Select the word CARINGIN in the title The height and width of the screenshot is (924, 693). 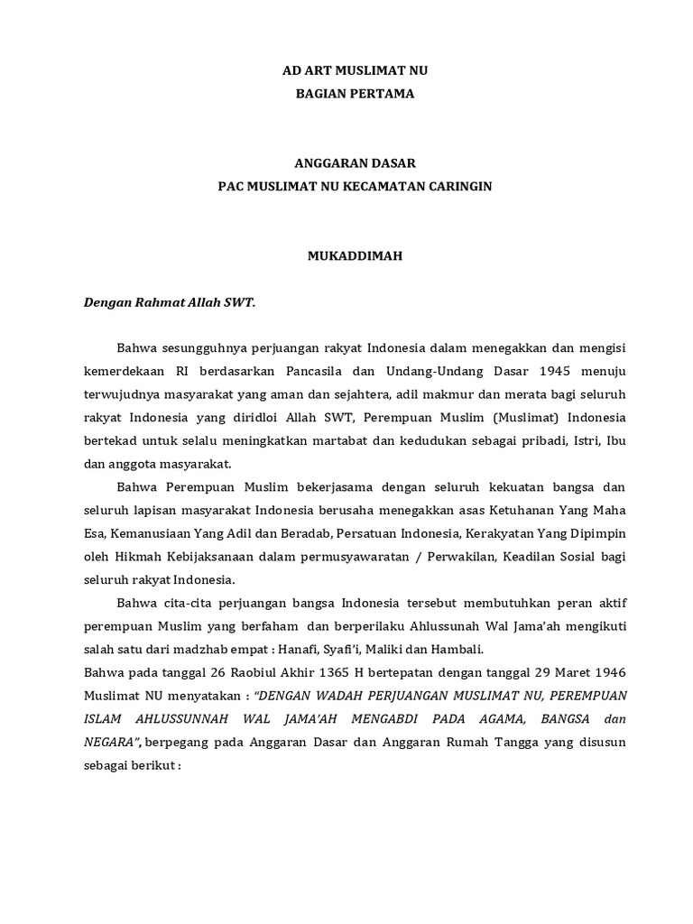tap(461, 186)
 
